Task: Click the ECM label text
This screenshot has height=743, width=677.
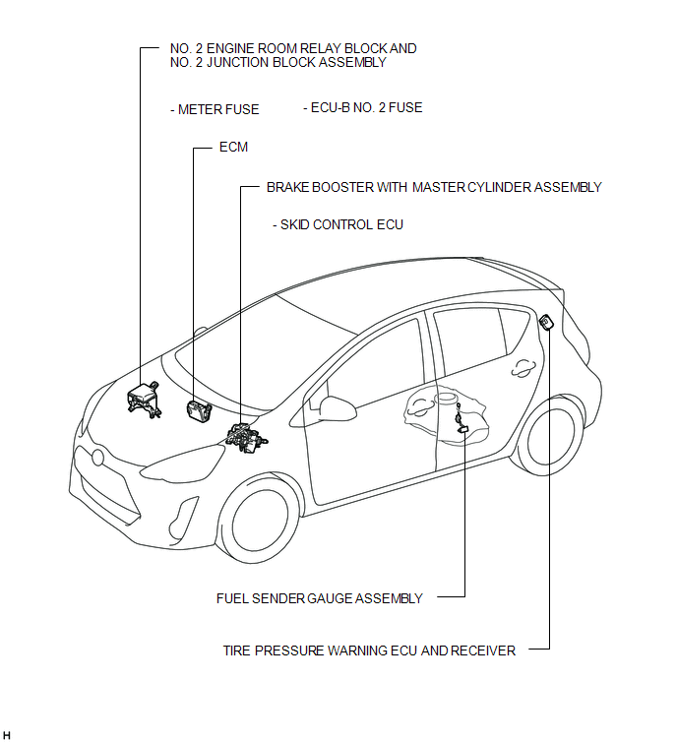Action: pyautogui.click(x=233, y=147)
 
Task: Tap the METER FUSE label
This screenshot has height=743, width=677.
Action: pyautogui.click(x=215, y=109)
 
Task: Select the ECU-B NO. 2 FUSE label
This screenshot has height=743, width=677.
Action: pyautogui.click(x=362, y=107)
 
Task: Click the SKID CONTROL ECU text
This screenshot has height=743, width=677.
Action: pyautogui.click(x=338, y=224)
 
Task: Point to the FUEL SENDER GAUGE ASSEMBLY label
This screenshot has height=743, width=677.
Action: pyautogui.click(x=320, y=598)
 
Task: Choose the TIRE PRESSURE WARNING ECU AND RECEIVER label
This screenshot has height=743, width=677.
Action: pyautogui.click(x=369, y=650)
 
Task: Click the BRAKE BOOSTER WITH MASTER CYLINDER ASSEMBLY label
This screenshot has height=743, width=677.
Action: pyautogui.click(x=434, y=187)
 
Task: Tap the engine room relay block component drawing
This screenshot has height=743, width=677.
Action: pyautogui.click(x=144, y=400)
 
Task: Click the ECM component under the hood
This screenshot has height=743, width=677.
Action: pyautogui.click(x=199, y=410)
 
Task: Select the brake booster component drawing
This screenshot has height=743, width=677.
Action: pyautogui.click(x=245, y=437)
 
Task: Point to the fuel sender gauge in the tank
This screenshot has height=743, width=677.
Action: pyautogui.click(x=461, y=420)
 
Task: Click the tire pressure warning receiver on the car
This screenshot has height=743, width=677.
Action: pyautogui.click(x=546, y=322)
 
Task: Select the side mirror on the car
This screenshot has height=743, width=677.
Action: pyautogui.click(x=337, y=407)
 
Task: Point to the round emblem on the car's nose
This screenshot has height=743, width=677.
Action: pyautogui.click(x=97, y=458)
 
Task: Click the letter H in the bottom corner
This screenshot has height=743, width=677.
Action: pyautogui.click(x=6, y=735)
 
